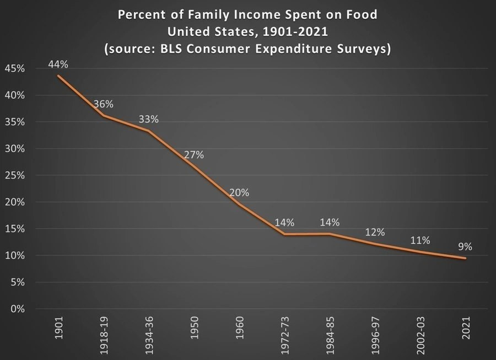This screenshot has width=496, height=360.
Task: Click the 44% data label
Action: (x=58, y=65)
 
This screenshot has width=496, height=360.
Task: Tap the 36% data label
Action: (x=104, y=104)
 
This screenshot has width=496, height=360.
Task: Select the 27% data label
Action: (x=194, y=155)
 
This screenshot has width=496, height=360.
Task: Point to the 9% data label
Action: (x=465, y=247)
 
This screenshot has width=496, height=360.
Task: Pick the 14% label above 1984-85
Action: (x=330, y=223)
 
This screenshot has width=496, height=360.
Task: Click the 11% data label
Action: (x=420, y=240)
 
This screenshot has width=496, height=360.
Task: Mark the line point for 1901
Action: (x=58, y=76)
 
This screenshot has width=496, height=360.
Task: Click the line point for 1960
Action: (x=239, y=204)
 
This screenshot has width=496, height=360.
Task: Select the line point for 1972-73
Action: (x=284, y=234)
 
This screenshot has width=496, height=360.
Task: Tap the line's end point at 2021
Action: (x=466, y=258)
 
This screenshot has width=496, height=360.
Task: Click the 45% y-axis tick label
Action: (x=14, y=68)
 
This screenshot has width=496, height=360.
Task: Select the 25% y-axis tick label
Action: (x=14, y=175)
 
